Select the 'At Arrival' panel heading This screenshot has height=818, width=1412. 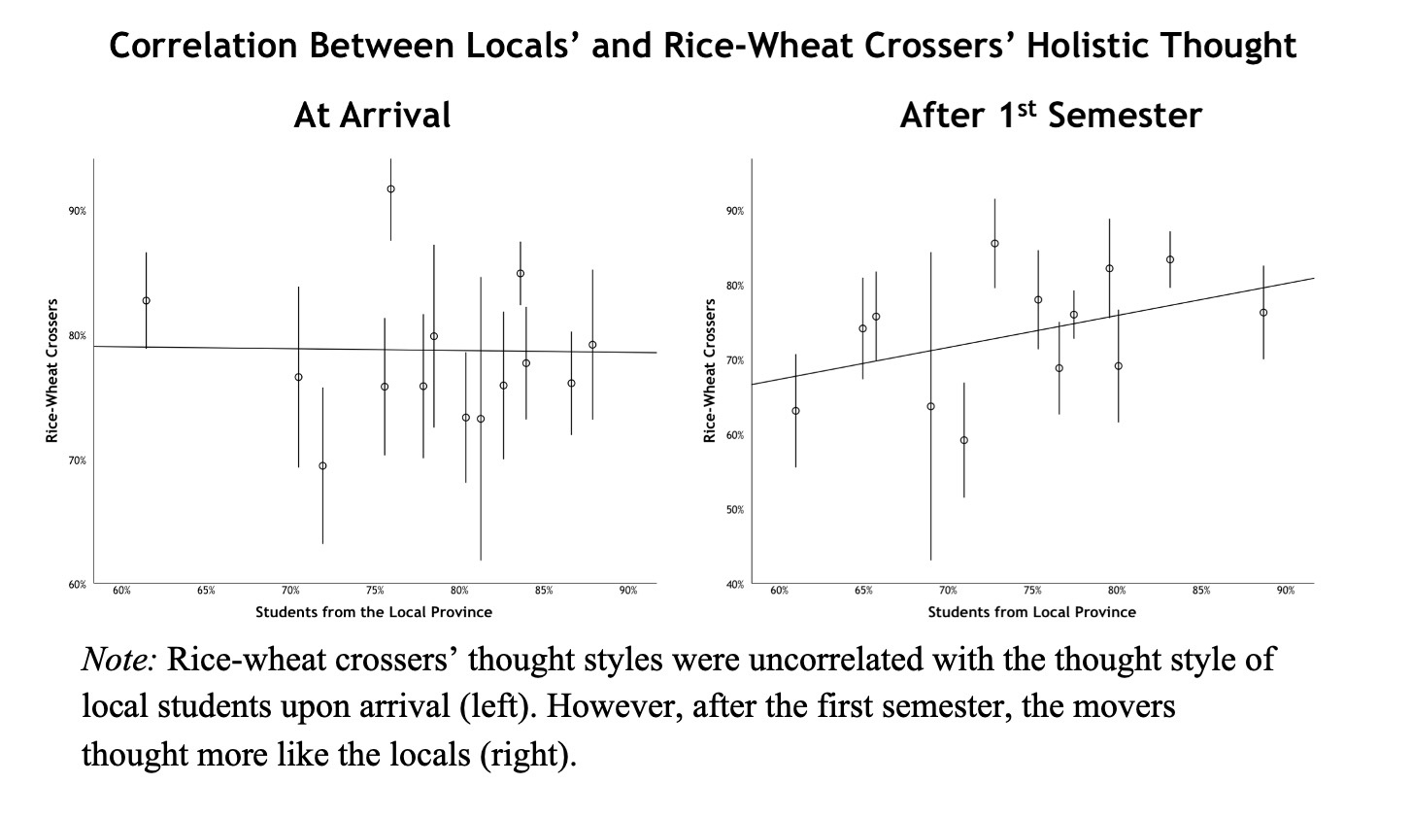(x=372, y=116)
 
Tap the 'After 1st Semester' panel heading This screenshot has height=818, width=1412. (x=1050, y=116)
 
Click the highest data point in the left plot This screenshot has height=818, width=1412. (x=390, y=188)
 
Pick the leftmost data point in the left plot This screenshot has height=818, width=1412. (x=147, y=300)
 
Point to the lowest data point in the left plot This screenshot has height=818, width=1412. (x=322, y=465)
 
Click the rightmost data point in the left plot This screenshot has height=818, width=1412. (x=592, y=345)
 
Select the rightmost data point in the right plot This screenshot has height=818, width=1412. (x=1263, y=312)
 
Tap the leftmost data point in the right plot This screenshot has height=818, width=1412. (x=795, y=410)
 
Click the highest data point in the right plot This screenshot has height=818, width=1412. (x=994, y=243)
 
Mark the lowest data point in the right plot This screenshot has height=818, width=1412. (x=964, y=440)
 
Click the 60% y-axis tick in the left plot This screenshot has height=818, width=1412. (x=78, y=585)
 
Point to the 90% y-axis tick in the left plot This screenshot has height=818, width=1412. (x=78, y=211)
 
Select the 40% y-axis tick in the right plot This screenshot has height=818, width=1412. (x=735, y=585)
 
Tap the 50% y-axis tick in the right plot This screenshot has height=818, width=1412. (x=735, y=510)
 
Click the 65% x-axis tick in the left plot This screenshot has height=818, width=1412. (x=206, y=591)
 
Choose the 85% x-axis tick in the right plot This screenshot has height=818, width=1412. (x=1201, y=591)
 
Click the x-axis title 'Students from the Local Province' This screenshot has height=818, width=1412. (x=374, y=612)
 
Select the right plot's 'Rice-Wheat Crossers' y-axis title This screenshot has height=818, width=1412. (x=710, y=371)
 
